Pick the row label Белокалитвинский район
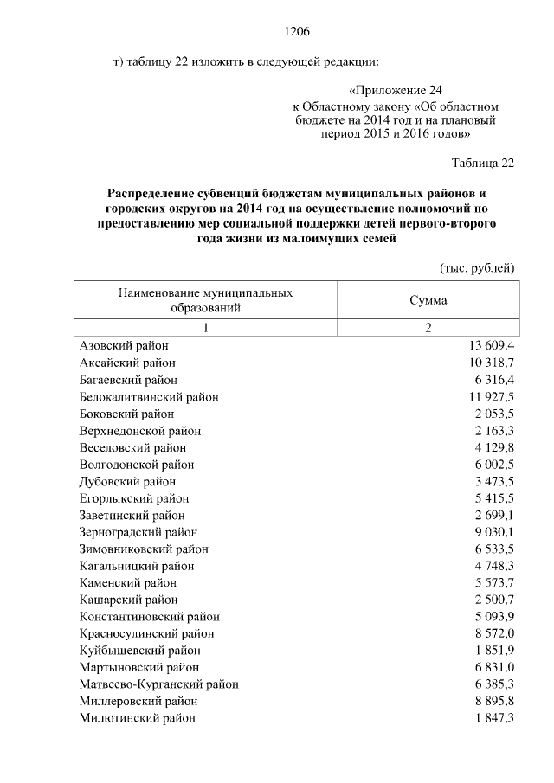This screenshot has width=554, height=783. coord(149,397)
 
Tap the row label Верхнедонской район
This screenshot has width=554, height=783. coord(139,431)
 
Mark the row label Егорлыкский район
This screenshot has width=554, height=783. coord(134,498)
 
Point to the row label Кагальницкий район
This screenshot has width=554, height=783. coord(137,566)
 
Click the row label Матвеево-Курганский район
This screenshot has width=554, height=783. coord(159,684)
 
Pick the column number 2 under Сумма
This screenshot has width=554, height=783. coord(428,328)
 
